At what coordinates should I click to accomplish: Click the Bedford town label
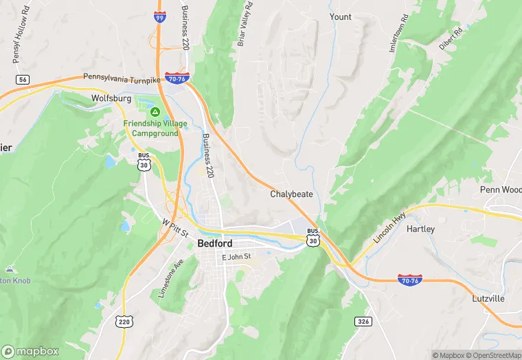pyautogui.click(x=214, y=243)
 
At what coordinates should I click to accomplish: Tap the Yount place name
pyautogui.click(x=340, y=17)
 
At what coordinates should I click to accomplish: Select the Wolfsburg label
pyautogui.click(x=111, y=98)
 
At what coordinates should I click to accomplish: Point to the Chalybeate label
pyautogui.click(x=291, y=194)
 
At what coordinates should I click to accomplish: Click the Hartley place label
pyautogui.click(x=420, y=229)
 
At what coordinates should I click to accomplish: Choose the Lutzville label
pyautogui.click(x=488, y=299)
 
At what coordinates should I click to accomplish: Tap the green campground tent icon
pyautogui.click(x=155, y=111)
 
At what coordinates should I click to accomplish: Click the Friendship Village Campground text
pyautogui.click(x=150, y=128)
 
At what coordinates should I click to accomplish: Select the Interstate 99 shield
pyautogui.click(x=159, y=17)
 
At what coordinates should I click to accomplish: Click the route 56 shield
pyautogui.click(x=23, y=80)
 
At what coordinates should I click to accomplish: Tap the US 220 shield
pyautogui.click(x=124, y=321)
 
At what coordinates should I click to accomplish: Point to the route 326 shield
pyautogui.click(x=363, y=321)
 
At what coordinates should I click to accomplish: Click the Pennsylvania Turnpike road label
pyautogui.click(x=122, y=78)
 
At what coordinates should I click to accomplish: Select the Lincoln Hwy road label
pyautogui.click(x=389, y=228)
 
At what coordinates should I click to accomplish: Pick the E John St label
pyautogui.click(x=236, y=257)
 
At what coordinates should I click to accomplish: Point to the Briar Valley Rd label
pyautogui.click(x=245, y=24)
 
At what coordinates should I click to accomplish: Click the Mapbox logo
pyautogui.click(x=30, y=351)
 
